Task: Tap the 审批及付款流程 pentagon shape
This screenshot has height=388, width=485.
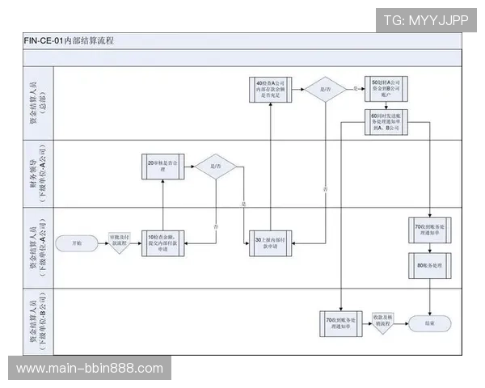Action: [120, 242]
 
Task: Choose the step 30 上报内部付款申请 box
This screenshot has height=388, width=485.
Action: [269, 242]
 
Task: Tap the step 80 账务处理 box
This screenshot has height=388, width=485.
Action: [428, 264]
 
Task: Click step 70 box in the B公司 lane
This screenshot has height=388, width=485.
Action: [339, 323]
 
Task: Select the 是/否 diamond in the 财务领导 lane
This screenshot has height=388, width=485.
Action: [217, 167]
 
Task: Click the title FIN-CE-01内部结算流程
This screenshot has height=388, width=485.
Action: [69, 40]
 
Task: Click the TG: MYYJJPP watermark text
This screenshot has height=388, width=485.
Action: [425, 20]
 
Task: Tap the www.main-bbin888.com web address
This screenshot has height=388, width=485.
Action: [90, 369]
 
